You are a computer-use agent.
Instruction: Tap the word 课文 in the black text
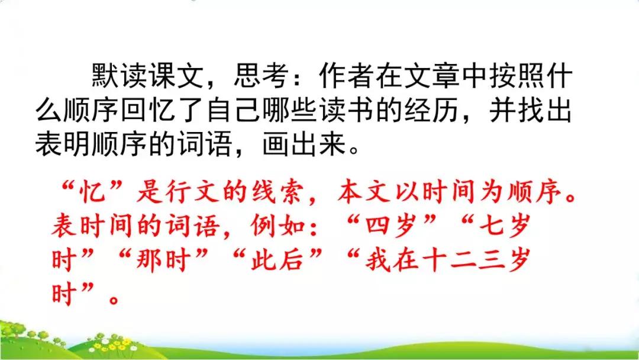[x=180, y=77]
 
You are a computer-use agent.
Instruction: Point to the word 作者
[x=343, y=77]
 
